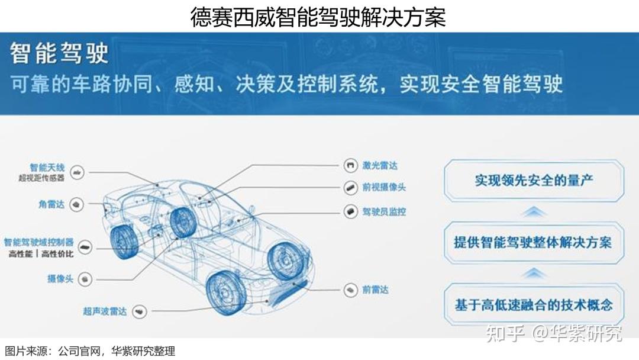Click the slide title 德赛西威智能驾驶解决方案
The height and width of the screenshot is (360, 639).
pos(318,17)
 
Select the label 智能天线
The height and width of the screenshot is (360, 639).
pos(47,168)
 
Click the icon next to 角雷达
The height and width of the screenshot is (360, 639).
pos(76,204)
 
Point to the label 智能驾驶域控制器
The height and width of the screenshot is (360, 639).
pos(38,242)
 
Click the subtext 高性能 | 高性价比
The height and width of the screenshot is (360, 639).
pos(41,253)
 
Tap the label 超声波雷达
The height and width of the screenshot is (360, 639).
pos(105,311)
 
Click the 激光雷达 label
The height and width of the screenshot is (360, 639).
pos(379,166)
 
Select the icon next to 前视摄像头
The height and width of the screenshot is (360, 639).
pos(350,188)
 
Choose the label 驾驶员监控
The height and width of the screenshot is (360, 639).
pos(384,211)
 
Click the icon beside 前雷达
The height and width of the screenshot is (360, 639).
pos(350,290)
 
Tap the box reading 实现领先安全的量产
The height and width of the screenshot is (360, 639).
pos(534,179)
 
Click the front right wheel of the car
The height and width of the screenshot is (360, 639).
pos(226,293)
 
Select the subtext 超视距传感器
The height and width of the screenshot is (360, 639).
pos(41,178)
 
